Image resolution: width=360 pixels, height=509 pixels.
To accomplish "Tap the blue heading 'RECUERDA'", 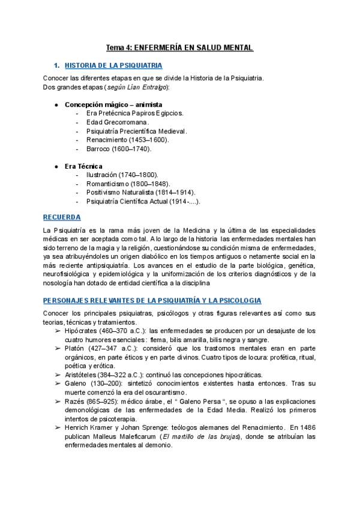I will pos(62,217).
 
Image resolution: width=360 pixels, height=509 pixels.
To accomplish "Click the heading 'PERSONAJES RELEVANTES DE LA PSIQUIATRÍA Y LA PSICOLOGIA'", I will pos(152,300).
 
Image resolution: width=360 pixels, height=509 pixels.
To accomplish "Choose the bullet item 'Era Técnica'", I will pos(83,166).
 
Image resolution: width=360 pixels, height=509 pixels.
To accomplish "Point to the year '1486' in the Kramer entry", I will pos(307,427).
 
